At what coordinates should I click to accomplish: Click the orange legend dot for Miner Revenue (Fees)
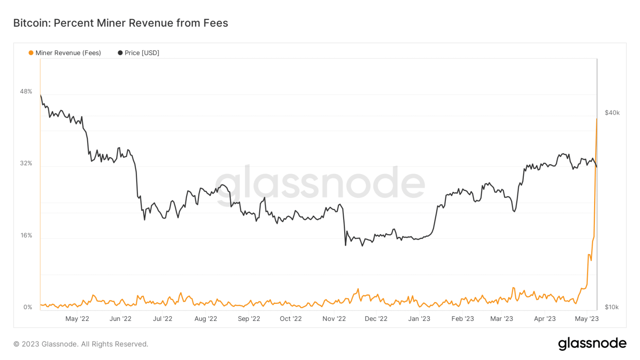tap(31, 53)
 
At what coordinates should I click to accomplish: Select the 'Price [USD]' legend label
tap(142, 53)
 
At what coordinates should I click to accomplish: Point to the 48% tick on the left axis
tap(26, 92)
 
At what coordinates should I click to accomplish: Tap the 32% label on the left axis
tap(26, 163)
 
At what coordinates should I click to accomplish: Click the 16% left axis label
tap(26, 235)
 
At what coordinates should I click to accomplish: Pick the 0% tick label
tap(27, 307)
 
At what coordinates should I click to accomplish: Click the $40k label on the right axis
tap(612, 113)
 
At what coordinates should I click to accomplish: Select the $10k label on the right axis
tap(612, 307)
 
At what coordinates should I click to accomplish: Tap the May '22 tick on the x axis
tap(77, 319)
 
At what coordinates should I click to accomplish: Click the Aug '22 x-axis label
tap(206, 319)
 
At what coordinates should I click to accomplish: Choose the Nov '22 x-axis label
tap(334, 319)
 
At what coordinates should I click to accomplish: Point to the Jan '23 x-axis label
tap(419, 319)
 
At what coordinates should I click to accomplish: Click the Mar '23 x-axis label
tap(502, 319)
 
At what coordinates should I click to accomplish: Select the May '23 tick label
tap(587, 319)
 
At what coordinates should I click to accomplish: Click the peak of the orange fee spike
tap(597, 119)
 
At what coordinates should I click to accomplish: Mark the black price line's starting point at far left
tap(40, 95)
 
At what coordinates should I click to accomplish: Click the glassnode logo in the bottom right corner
tap(592, 343)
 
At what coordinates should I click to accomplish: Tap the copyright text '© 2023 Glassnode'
tap(46, 344)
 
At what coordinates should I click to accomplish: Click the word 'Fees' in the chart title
tap(215, 23)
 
